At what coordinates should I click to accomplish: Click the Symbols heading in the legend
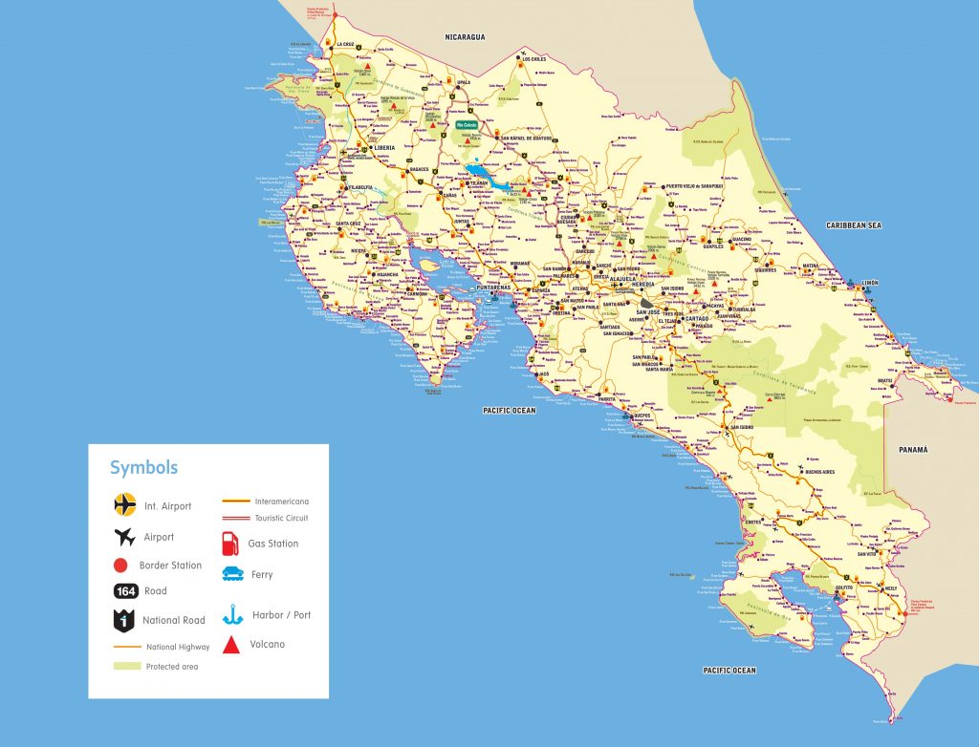point(143,468)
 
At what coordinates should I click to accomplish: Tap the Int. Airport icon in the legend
point(125,504)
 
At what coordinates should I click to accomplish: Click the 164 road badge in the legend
point(126,591)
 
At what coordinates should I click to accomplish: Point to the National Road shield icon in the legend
point(124,620)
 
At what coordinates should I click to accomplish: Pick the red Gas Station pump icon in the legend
point(229,543)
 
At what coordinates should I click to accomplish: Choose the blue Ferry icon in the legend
point(230,574)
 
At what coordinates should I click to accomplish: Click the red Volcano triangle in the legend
point(230,645)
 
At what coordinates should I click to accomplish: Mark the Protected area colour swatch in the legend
point(126,666)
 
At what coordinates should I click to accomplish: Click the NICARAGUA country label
point(465,37)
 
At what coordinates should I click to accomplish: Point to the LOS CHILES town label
point(538,59)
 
